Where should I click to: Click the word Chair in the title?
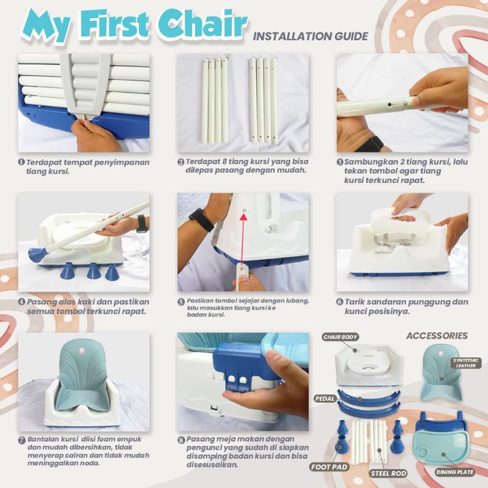click(203, 24)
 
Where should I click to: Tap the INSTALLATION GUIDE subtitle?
click(310, 37)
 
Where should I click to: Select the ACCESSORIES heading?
click(437, 335)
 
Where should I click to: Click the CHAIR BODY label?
click(340, 337)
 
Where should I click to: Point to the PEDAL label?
click(325, 399)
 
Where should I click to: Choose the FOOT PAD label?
click(329, 467)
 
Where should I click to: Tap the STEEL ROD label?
click(389, 473)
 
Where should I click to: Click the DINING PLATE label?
click(454, 472)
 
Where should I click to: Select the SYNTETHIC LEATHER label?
click(465, 363)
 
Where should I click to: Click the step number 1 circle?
click(21, 162)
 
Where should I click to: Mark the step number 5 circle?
click(181, 301)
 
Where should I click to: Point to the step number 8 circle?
click(181, 440)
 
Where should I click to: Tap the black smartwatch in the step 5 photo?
click(201, 220)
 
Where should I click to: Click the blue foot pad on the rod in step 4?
click(37, 255)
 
